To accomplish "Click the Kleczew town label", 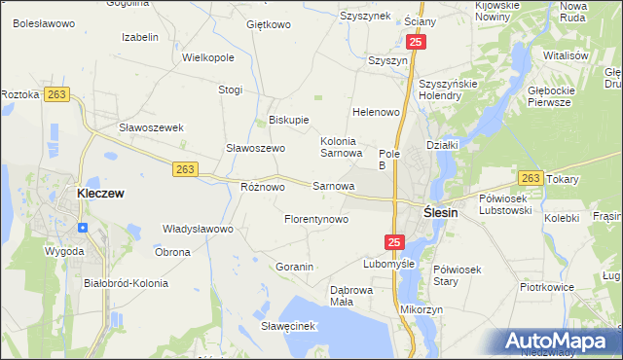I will tap(100, 194).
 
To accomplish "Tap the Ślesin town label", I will tap(441, 213).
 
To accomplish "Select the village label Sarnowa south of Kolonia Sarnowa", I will tap(333, 185).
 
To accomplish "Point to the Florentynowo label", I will tap(316, 219).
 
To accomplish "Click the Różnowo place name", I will tap(262, 186).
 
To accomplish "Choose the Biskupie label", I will tap(288, 121).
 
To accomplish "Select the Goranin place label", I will tap(294, 267).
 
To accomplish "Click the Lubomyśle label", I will tap(389, 264).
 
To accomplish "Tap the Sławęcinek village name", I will tap(290, 325).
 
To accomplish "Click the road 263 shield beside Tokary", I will tap(531, 178).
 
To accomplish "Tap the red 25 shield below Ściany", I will tap(416, 43).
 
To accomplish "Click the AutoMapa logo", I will tap(559, 341).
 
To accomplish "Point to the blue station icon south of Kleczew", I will tap(83, 228).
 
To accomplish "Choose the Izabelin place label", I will tap(140, 37).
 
